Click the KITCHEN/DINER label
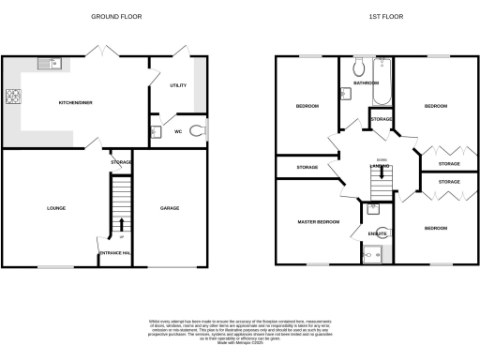click(75, 102)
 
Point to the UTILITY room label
click(177, 85)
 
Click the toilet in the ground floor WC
click(195, 131)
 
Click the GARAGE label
click(169, 207)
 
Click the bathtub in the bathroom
click(381, 82)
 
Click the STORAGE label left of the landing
click(307, 167)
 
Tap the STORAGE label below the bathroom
click(381, 120)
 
